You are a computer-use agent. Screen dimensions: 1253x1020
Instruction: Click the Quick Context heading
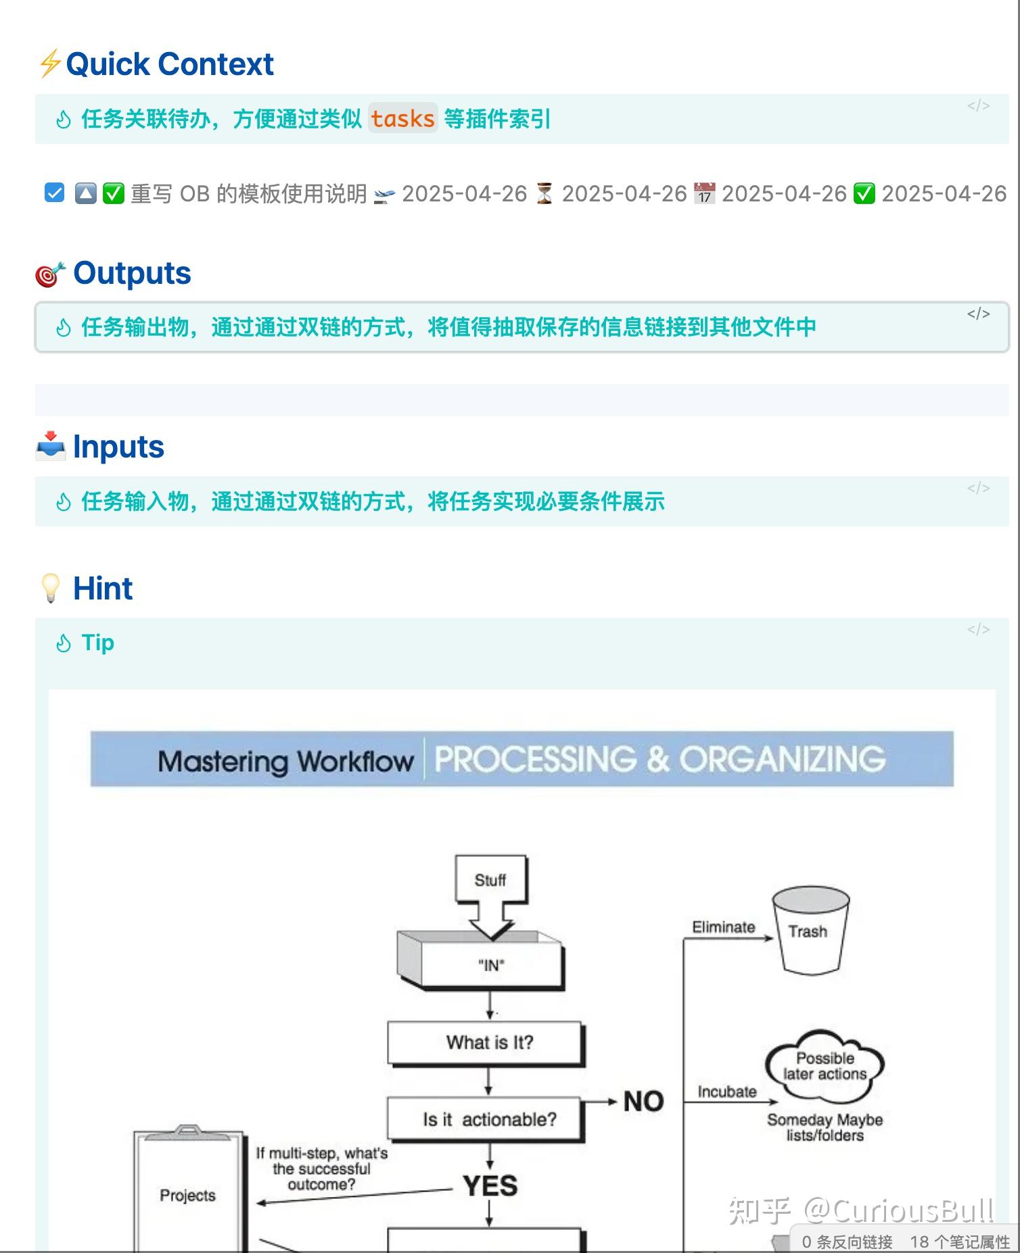click(x=169, y=65)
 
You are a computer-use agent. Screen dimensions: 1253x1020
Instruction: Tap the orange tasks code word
click(x=402, y=119)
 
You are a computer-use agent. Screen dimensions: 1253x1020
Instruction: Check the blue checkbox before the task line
click(x=54, y=193)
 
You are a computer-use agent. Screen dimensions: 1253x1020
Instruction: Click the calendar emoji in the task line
click(x=704, y=194)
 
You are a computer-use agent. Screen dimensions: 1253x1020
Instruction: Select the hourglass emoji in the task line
click(x=544, y=194)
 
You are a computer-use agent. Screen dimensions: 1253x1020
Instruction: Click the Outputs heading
click(x=132, y=274)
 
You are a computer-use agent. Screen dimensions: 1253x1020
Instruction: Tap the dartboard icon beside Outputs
click(x=50, y=274)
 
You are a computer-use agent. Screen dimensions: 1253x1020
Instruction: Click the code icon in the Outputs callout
click(x=978, y=314)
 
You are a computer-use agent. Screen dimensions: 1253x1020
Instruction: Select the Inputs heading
click(x=118, y=447)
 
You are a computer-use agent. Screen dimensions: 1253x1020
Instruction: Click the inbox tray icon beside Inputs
click(x=50, y=447)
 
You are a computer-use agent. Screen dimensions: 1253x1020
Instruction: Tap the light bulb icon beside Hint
click(x=51, y=588)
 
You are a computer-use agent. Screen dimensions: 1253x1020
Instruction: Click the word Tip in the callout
click(x=97, y=643)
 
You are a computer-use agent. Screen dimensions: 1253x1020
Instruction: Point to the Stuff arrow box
click(x=490, y=881)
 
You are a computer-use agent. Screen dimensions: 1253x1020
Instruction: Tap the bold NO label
click(x=643, y=1102)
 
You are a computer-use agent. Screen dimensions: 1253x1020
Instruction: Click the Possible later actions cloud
click(x=825, y=1066)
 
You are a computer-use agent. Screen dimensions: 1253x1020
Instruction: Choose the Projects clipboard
click(x=188, y=1195)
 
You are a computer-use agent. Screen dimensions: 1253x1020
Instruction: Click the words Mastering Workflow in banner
click(x=285, y=761)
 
